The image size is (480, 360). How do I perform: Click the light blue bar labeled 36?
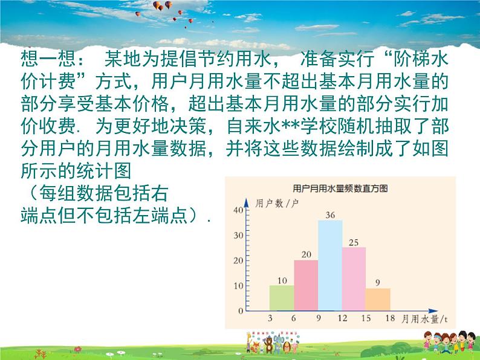coord(330,265)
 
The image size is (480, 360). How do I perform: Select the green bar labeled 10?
coord(282,298)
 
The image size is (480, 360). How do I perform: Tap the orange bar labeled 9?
coord(378,300)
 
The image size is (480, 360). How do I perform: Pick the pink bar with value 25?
coord(354,279)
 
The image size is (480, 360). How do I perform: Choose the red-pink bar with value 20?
coord(306,285)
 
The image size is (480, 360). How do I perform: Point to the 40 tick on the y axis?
coord(238,210)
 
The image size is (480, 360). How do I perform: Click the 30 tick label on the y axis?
coord(238,235)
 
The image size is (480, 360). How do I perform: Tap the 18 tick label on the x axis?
coord(390,318)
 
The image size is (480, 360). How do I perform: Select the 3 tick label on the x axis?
coord(270,318)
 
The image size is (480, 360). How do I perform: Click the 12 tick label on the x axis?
coord(342,318)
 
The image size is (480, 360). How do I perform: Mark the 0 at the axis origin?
coord(241,310)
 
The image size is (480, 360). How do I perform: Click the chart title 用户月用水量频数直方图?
coord(340,188)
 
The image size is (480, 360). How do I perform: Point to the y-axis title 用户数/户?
coord(277,203)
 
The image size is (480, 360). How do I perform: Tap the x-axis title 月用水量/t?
coord(424,319)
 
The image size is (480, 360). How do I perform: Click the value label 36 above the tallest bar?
coord(330,215)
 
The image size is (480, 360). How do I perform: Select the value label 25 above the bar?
coord(354,243)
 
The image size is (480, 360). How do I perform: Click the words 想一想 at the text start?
coord(48,59)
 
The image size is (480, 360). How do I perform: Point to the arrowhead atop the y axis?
coord(246,202)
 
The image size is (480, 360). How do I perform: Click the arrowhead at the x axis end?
coord(433,310)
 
